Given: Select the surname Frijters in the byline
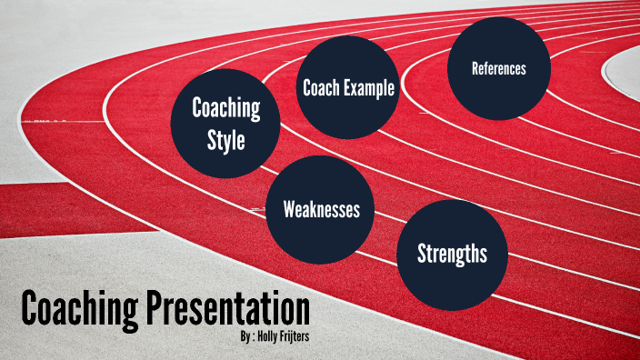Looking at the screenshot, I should tap(299, 336).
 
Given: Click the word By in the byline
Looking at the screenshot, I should tap(239, 336).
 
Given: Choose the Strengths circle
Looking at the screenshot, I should tap(451, 254).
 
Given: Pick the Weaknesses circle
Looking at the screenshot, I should tap(321, 209).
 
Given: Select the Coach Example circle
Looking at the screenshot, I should tap(348, 88).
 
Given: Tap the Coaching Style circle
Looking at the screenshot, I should tap(225, 125).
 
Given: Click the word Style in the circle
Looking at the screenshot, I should tap(226, 141).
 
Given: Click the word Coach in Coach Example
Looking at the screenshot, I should tap(320, 89).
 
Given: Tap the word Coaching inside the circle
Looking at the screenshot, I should tap(226, 108).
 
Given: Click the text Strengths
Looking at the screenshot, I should tap(452, 254).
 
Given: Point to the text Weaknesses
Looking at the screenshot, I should tap(321, 210).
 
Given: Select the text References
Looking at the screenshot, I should tap(498, 68).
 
